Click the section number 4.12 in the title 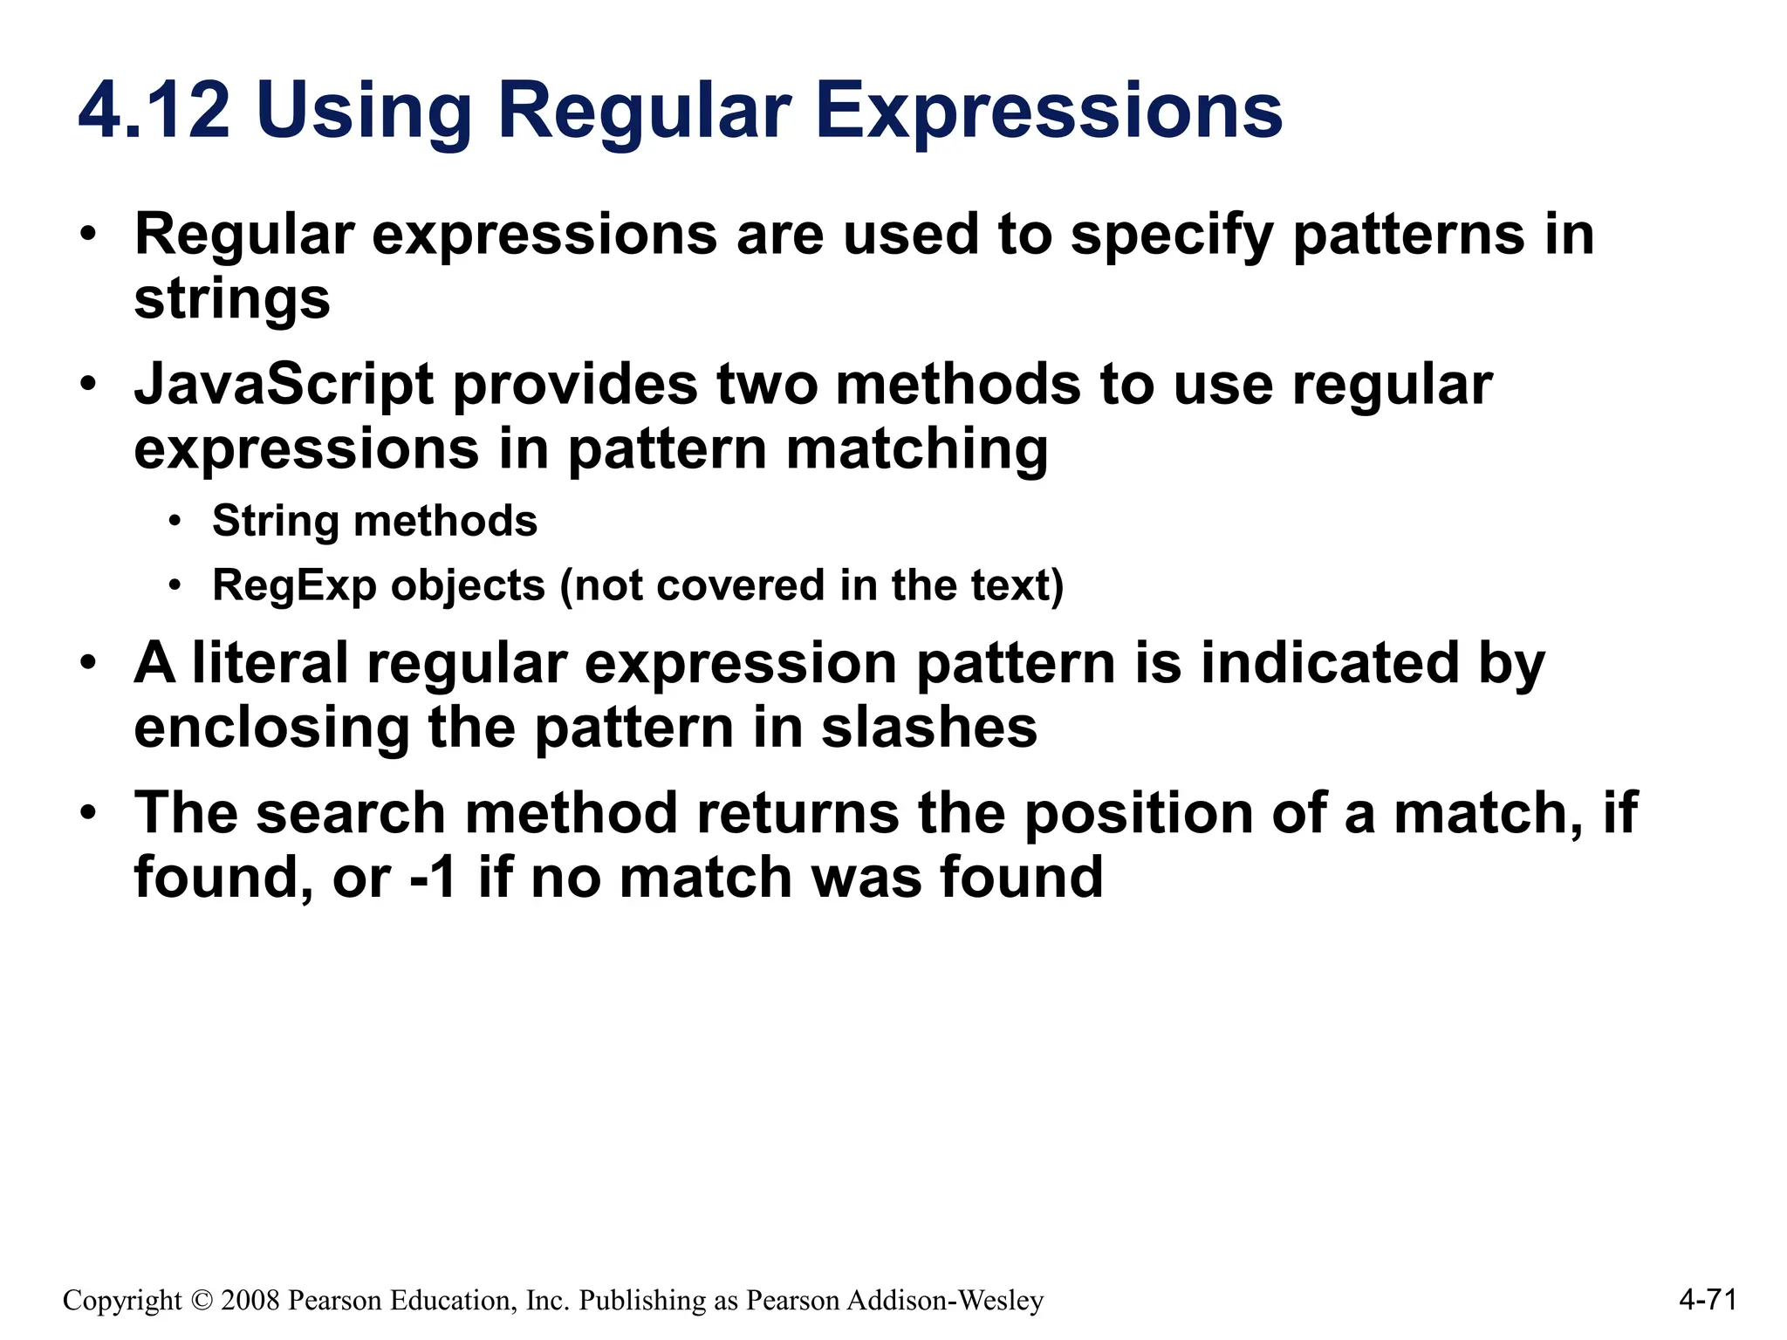(154, 110)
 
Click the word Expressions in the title (1049, 112)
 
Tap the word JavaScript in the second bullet (284, 386)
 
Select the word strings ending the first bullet (232, 300)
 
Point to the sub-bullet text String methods (374, 522)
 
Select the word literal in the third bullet (270, 663)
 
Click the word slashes (928, 728)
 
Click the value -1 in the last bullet (434, 878)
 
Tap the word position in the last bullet (1139, 813)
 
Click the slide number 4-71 (1708, 1300)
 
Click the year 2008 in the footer (250, 1301)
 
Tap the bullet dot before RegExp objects (175, 585)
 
